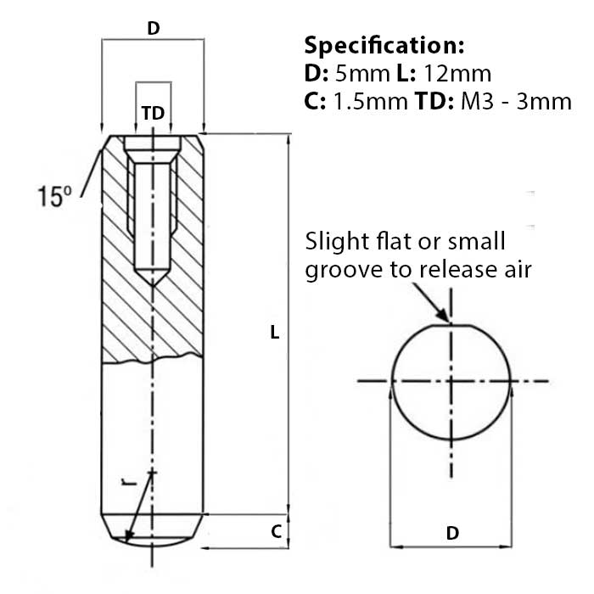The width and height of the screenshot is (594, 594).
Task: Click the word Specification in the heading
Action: coord(383,45)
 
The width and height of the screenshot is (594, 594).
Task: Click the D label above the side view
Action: coord(153,28)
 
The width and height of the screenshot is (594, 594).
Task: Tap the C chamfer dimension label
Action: coord(276,532)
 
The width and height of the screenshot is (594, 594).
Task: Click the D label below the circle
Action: coord(452,533)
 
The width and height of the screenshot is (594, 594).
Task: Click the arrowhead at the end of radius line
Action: coord(128,536)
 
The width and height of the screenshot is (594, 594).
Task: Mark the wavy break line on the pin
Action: coord(153,362)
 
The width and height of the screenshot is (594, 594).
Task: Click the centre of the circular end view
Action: coord(451,382)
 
